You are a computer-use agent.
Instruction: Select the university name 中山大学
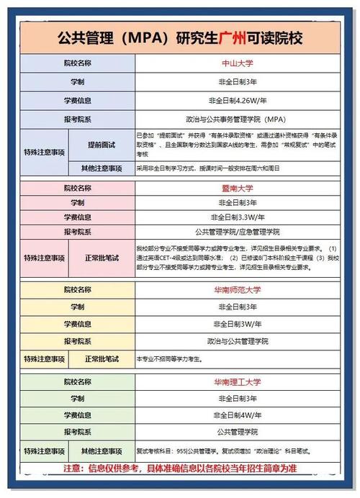[x=235, y=63]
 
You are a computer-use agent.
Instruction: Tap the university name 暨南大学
[x=235, y=189]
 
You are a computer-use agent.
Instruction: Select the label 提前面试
[x=101, y=145]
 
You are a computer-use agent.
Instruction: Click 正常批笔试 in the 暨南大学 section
[x=102, y=258]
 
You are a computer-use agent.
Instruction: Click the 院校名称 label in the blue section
[x=77, y=63]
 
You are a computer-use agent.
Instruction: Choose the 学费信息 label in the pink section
[x=77, y=217]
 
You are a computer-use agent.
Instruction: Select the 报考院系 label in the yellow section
[x=77, y=341]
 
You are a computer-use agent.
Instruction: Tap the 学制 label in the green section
[x=77, y=398]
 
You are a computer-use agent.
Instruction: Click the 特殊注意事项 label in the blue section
[x=44, y=153]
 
